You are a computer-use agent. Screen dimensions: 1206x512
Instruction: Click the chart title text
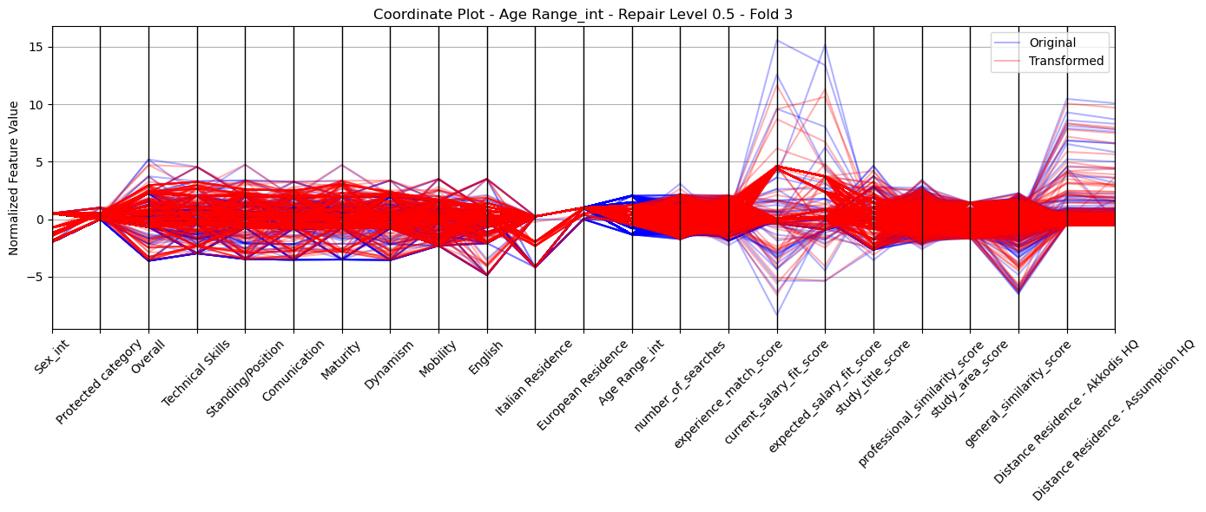583,14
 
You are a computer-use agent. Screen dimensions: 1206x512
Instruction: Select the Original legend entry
1052,43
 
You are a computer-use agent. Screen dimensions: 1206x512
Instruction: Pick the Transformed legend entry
1066,61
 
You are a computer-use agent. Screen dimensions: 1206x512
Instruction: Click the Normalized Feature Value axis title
14,178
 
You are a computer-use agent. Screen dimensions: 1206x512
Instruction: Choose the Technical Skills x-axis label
196,373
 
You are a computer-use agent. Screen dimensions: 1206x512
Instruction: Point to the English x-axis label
485,358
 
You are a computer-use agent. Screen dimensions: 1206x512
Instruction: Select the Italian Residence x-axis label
534,378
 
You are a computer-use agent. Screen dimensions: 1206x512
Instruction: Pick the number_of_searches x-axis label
680,386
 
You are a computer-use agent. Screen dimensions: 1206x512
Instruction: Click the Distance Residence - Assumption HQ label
1113,420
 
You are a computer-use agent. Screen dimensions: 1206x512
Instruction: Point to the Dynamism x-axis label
389,364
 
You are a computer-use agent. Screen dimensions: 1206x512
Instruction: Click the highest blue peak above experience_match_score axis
777,40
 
